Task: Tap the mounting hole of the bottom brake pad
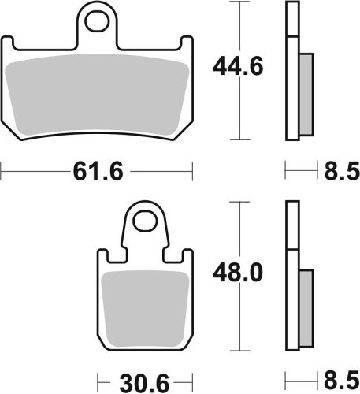pyautogui.click(x=145, y=221)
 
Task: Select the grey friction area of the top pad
pyautogui.click(x=98, y=92)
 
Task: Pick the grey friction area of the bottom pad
pyautogui.click(x=145, y=304)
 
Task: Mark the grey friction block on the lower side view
pyautogui.click(x=306, y=303)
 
